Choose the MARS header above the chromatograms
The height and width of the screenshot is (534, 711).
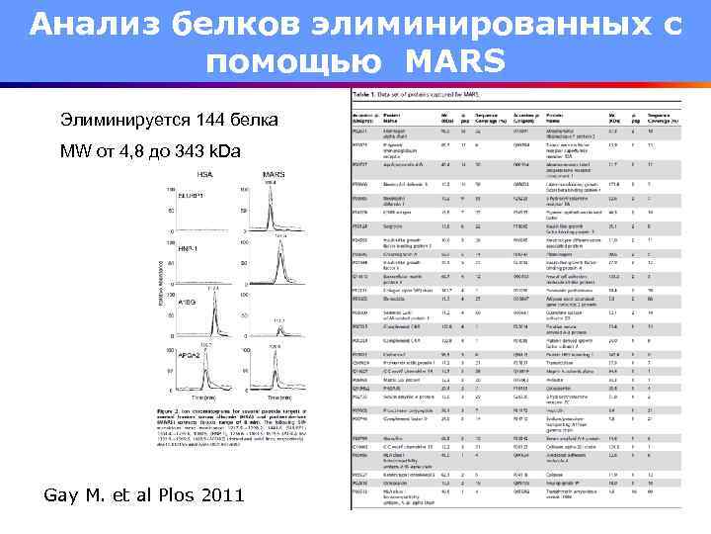tap(274, 175)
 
